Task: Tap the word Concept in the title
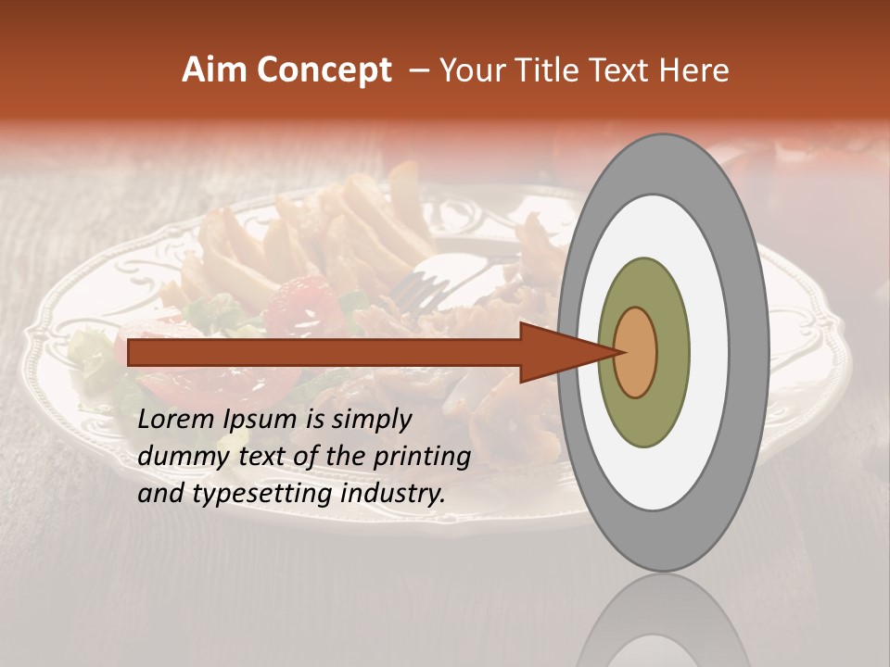(x=324, y=70)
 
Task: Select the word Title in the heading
(x=552, y=70)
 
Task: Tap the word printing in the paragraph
(x=422, y=457)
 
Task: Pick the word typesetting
(x=261, y=494)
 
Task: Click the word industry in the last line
(x=393, y=494)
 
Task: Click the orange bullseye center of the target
(x=635, y=352)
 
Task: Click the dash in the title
(x=418, y=70)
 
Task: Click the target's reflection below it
(x=663, y=625)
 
